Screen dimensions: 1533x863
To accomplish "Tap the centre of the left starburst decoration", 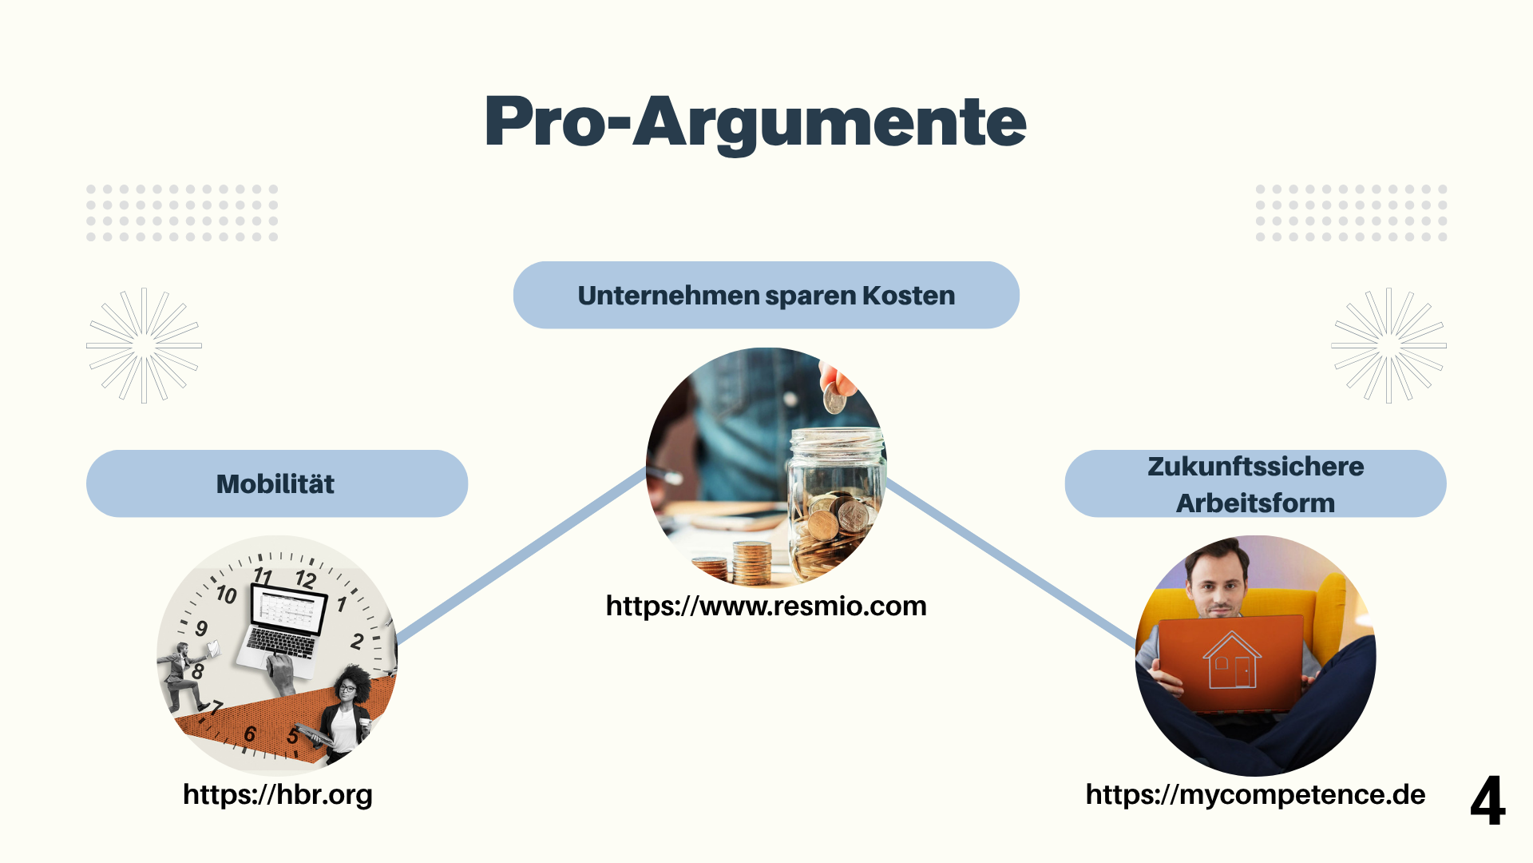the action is click(x=144, y=345).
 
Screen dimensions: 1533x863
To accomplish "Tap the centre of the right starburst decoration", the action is click(x=1388, y=345).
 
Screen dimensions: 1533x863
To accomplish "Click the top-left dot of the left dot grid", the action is click(x=91, y=189).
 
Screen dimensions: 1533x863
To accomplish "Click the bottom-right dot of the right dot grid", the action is click(x=1442, y=237).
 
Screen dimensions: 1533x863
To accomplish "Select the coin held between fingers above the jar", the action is click(x=834, y=398).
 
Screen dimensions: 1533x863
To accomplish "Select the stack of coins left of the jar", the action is click(x=752, y=563).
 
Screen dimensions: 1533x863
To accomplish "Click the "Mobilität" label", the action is click(x=275, y=484).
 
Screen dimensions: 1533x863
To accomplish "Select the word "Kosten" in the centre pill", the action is click(x=909, y=296).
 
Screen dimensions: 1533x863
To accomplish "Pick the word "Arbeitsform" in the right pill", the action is click(x=1255, y=503).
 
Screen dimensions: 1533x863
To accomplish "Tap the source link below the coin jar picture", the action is click(x=766, y=606).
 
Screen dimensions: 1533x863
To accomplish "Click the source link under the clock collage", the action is click(x=278, y=795).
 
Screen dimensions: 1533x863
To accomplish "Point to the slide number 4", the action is click(x=1487, y=800).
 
